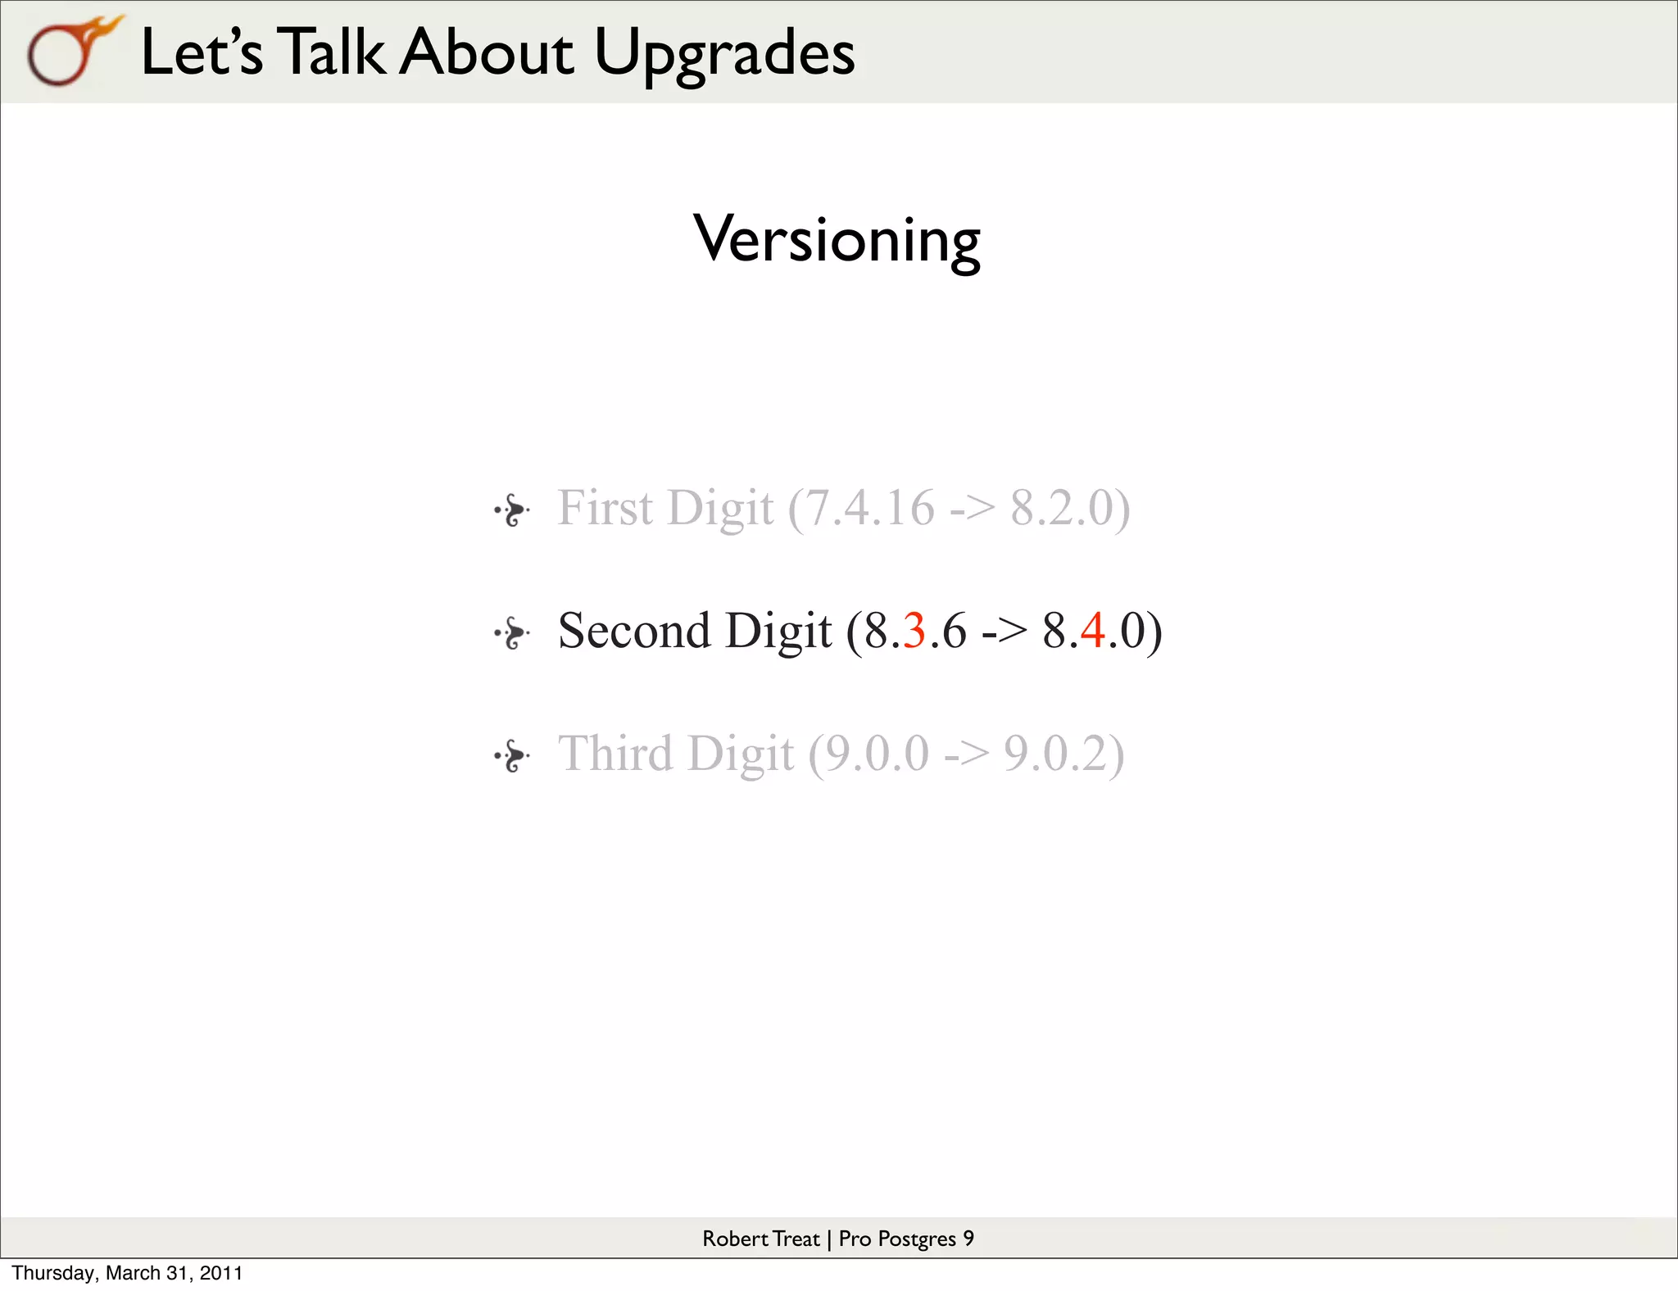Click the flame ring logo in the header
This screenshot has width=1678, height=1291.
point(70,51)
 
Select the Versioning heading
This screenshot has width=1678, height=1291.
point(837,240)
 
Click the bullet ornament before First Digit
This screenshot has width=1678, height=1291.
point(512,510)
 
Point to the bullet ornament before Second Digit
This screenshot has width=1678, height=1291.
point(512,632)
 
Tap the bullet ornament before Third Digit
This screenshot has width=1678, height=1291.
point(512,755)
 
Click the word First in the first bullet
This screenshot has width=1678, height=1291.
point(605,508)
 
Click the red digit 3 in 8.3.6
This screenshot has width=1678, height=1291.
point(914,632)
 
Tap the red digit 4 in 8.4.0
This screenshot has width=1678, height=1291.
point(1092,632)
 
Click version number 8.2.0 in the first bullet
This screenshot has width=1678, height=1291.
point(1061,508)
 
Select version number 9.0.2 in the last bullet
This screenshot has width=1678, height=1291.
point(1055,754)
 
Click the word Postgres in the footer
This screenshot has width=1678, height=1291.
point(916,1239)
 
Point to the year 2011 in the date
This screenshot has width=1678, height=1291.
point(221,1273)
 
